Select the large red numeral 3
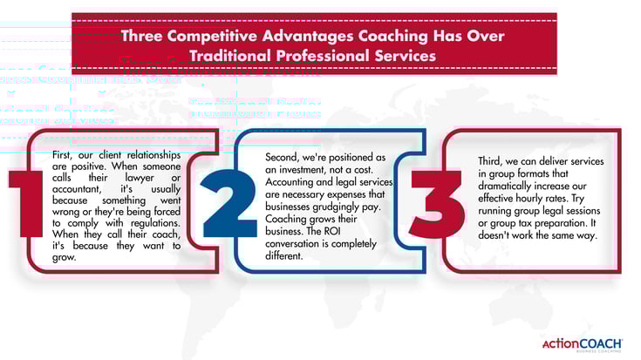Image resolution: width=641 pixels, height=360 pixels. (436, 202)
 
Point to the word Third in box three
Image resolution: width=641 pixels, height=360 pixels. (489, 162)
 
